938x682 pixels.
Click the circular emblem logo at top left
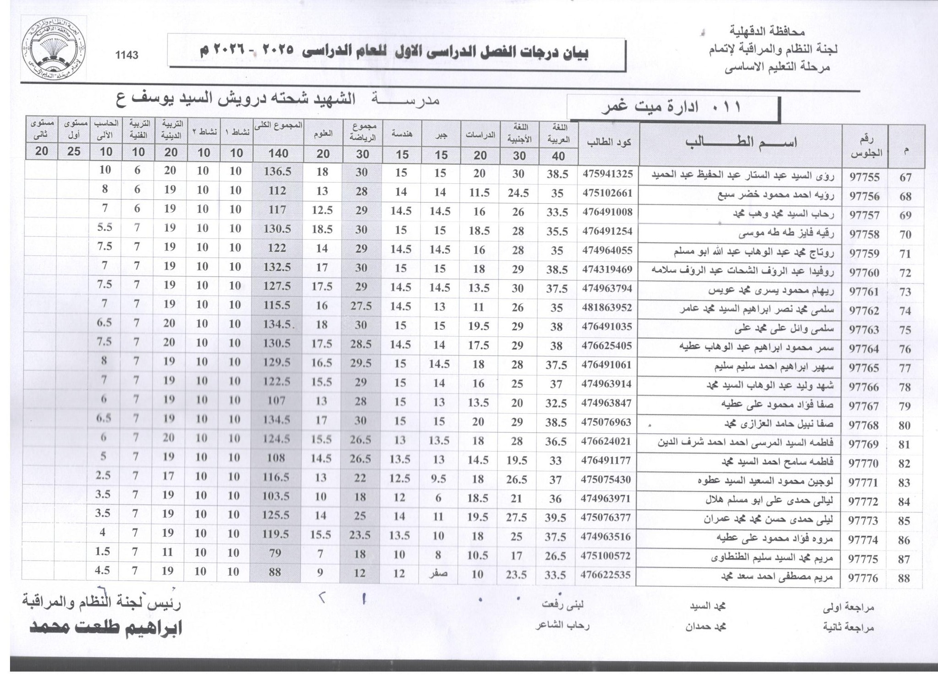pyautogui.click(x=54, y=51)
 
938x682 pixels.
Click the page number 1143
pyautogui.click(x=127, y=55)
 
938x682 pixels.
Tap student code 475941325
pyautogui.click(x=607, y=174)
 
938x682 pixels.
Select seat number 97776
pyautogui.click(x=864, y=578)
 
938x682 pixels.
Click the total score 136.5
pyautogui.click(x=278, y=172)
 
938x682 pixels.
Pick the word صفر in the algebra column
pyautogui.click(x=438, y=574)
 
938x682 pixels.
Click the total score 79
pyautogui.click(x=275, y=553)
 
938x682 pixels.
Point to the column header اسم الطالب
pyautogui.click(x=741, y=143)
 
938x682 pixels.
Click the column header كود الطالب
pyautogui.click(x=609, y=142)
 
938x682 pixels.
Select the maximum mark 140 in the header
pyautogui.click(x=278, y=153)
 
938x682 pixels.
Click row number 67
pyautogui.click(x=905, y=178)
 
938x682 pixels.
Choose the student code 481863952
pyautogui.click(x=607, y=308)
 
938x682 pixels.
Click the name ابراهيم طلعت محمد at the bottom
pyautogui.click(x=106, y=628)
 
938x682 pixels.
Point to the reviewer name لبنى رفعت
pyautogui.click(x=563, y=605)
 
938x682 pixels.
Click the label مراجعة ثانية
pyautogui.click(x=848, y=627)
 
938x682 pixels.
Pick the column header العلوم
pyautogui.click(x=323, y=134)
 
